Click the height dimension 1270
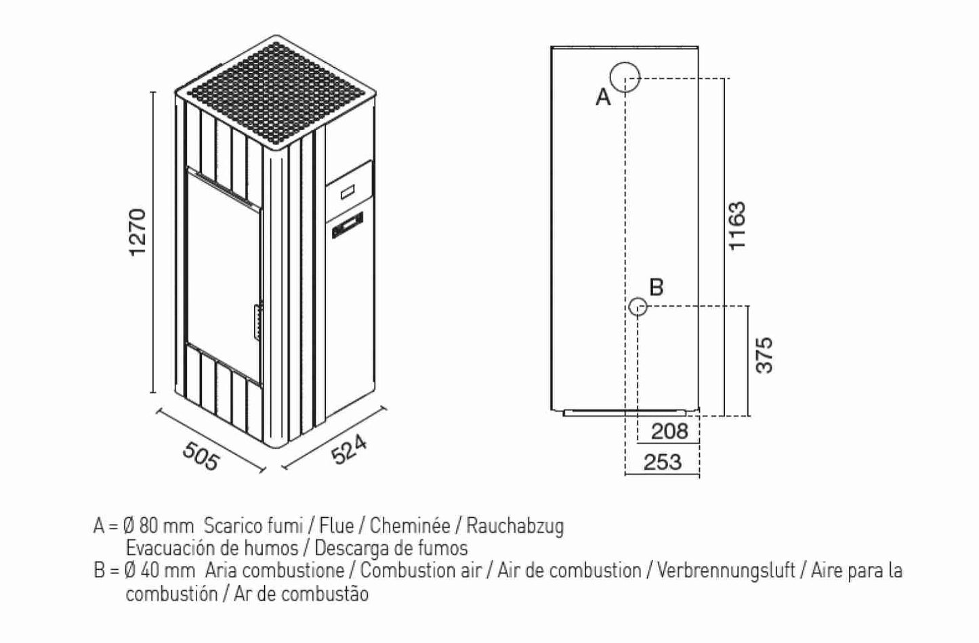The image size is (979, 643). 138,232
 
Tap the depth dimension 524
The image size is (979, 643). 350,450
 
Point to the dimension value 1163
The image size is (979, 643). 736,225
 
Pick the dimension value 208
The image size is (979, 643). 669,431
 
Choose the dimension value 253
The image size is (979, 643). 662,462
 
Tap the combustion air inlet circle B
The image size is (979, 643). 638,307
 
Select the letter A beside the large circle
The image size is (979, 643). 603,98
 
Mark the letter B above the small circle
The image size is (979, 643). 656,287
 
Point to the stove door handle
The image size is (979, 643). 257,321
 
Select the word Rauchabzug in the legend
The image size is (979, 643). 514,525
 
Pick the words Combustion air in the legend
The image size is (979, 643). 420,570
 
